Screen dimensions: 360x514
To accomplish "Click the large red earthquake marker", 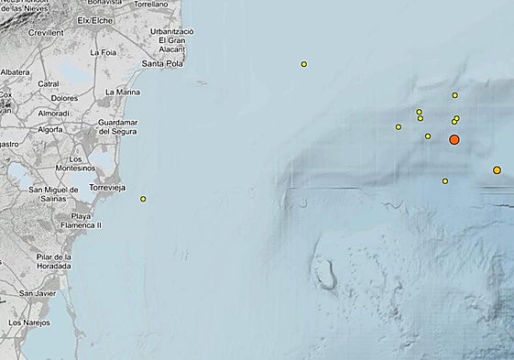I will [454, 139].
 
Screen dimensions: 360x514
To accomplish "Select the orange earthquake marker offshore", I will [497, 169].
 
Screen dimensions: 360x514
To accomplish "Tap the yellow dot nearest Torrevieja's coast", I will [143, 199].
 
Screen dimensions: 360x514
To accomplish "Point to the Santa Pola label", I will [165, 63].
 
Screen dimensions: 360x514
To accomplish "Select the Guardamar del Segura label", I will [116, 126].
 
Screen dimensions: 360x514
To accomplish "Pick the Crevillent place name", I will [45, 32].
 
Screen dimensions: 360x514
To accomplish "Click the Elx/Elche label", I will [95, 19].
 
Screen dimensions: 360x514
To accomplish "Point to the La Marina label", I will [123, 92].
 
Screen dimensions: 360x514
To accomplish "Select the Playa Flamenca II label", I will [86, 220].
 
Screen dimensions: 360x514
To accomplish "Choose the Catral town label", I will [49, 83].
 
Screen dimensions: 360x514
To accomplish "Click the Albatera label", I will [15, 71].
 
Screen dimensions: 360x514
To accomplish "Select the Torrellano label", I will [151, 5].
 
